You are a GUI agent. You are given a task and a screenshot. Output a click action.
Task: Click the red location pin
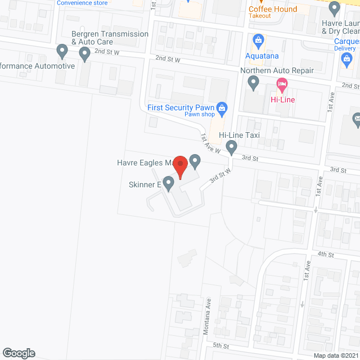coord(179,166)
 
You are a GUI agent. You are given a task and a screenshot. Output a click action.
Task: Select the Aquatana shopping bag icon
coord(259,39)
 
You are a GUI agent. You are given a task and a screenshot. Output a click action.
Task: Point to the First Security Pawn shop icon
coord(222,107)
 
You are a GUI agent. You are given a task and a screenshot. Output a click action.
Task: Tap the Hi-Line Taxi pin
coord(231,147)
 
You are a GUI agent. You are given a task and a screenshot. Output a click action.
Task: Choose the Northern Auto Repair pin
coord(254,84)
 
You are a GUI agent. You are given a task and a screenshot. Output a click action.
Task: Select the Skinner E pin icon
coord(168,184)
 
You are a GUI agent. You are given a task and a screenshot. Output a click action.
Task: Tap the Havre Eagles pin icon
coord(195,161)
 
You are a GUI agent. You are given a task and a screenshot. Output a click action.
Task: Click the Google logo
coord(18,353)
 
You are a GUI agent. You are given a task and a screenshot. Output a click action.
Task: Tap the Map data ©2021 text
coord(335,355)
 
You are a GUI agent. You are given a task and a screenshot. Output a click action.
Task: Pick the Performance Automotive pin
coord(62,52)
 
